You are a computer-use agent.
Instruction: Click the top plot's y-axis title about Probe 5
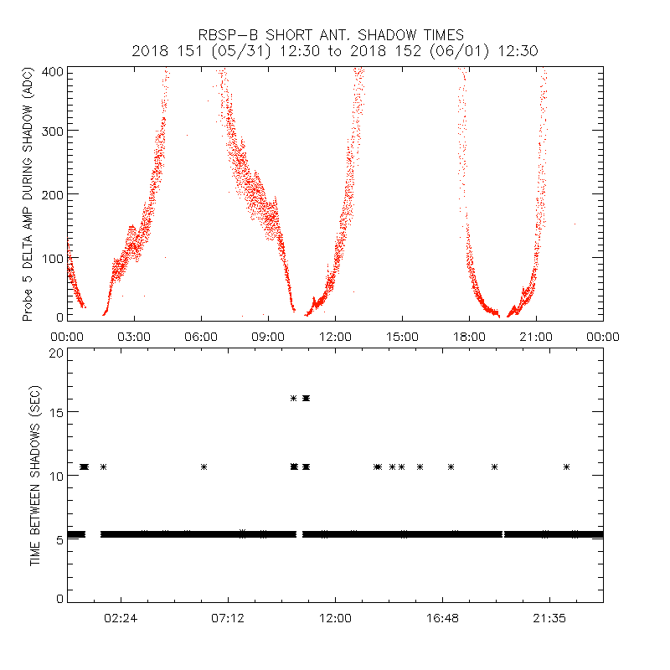(28, 194)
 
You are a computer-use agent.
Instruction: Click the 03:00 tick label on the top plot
(134, 336)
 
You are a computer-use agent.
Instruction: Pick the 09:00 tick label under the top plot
(268, 336)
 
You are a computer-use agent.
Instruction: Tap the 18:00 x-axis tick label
(469, 336)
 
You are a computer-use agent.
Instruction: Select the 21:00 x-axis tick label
(536, 336)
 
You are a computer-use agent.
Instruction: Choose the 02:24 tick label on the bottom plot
(121, 618)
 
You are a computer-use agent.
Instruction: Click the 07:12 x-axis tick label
(228, 618)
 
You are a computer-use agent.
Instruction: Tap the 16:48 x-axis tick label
(442, 618)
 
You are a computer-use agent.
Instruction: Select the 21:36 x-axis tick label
(549, 618)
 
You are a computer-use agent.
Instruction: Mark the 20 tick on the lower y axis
(56, 353)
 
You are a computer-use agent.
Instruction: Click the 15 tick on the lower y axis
(56, 412)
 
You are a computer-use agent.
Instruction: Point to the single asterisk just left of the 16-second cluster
(293, 398)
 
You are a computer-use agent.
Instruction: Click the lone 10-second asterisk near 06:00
(204, 466)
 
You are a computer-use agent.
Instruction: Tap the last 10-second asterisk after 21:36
(567, 466)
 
